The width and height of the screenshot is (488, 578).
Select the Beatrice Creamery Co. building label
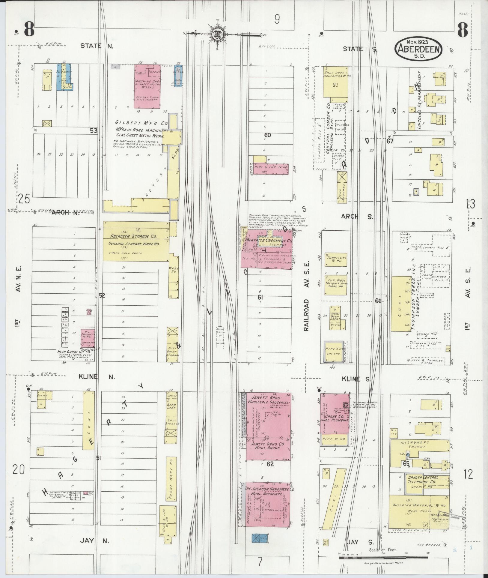tap(269, 241)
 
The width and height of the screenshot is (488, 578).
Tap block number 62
tap(270, 464)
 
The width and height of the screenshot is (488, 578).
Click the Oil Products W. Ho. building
tap(88, 338)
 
